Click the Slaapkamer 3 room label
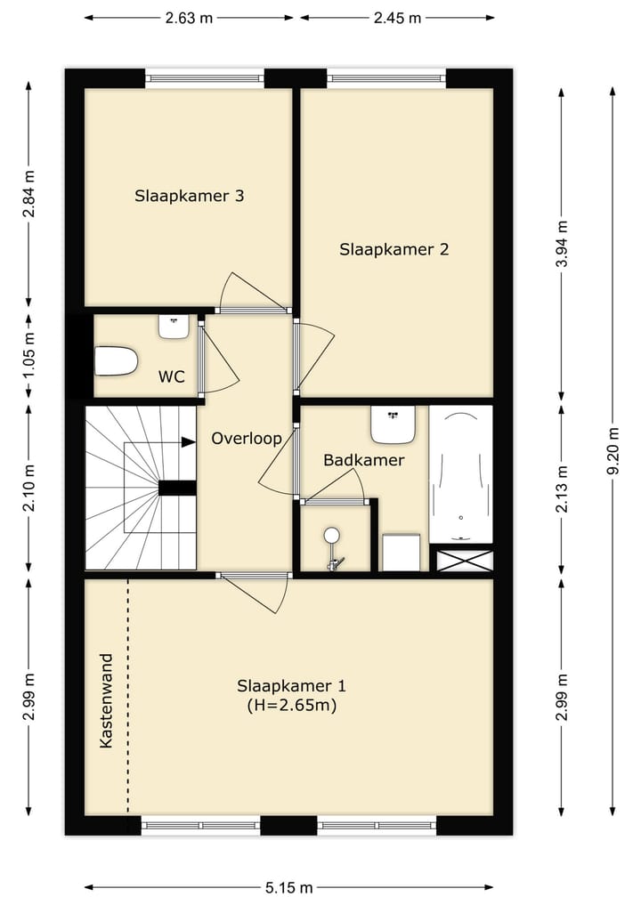point(190,197)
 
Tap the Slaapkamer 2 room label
point(394,250)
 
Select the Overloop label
point(247,439)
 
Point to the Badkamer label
point(364,460)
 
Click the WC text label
point(172,377)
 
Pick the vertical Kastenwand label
point(106,700)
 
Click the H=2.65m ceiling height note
point(292,706)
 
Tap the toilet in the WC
point(116,361)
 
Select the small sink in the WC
point(174,327)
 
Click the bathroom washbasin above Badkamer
point(394,424)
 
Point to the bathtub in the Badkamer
point(461,474)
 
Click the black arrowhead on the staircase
point(188,442)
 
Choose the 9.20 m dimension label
point(613,451)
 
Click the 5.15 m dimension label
point(289,887)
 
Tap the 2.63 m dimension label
point(189,18)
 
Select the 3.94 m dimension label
point(562,243)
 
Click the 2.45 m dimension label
point(397,18)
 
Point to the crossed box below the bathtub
point(465,561)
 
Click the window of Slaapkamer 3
point(205,78)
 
